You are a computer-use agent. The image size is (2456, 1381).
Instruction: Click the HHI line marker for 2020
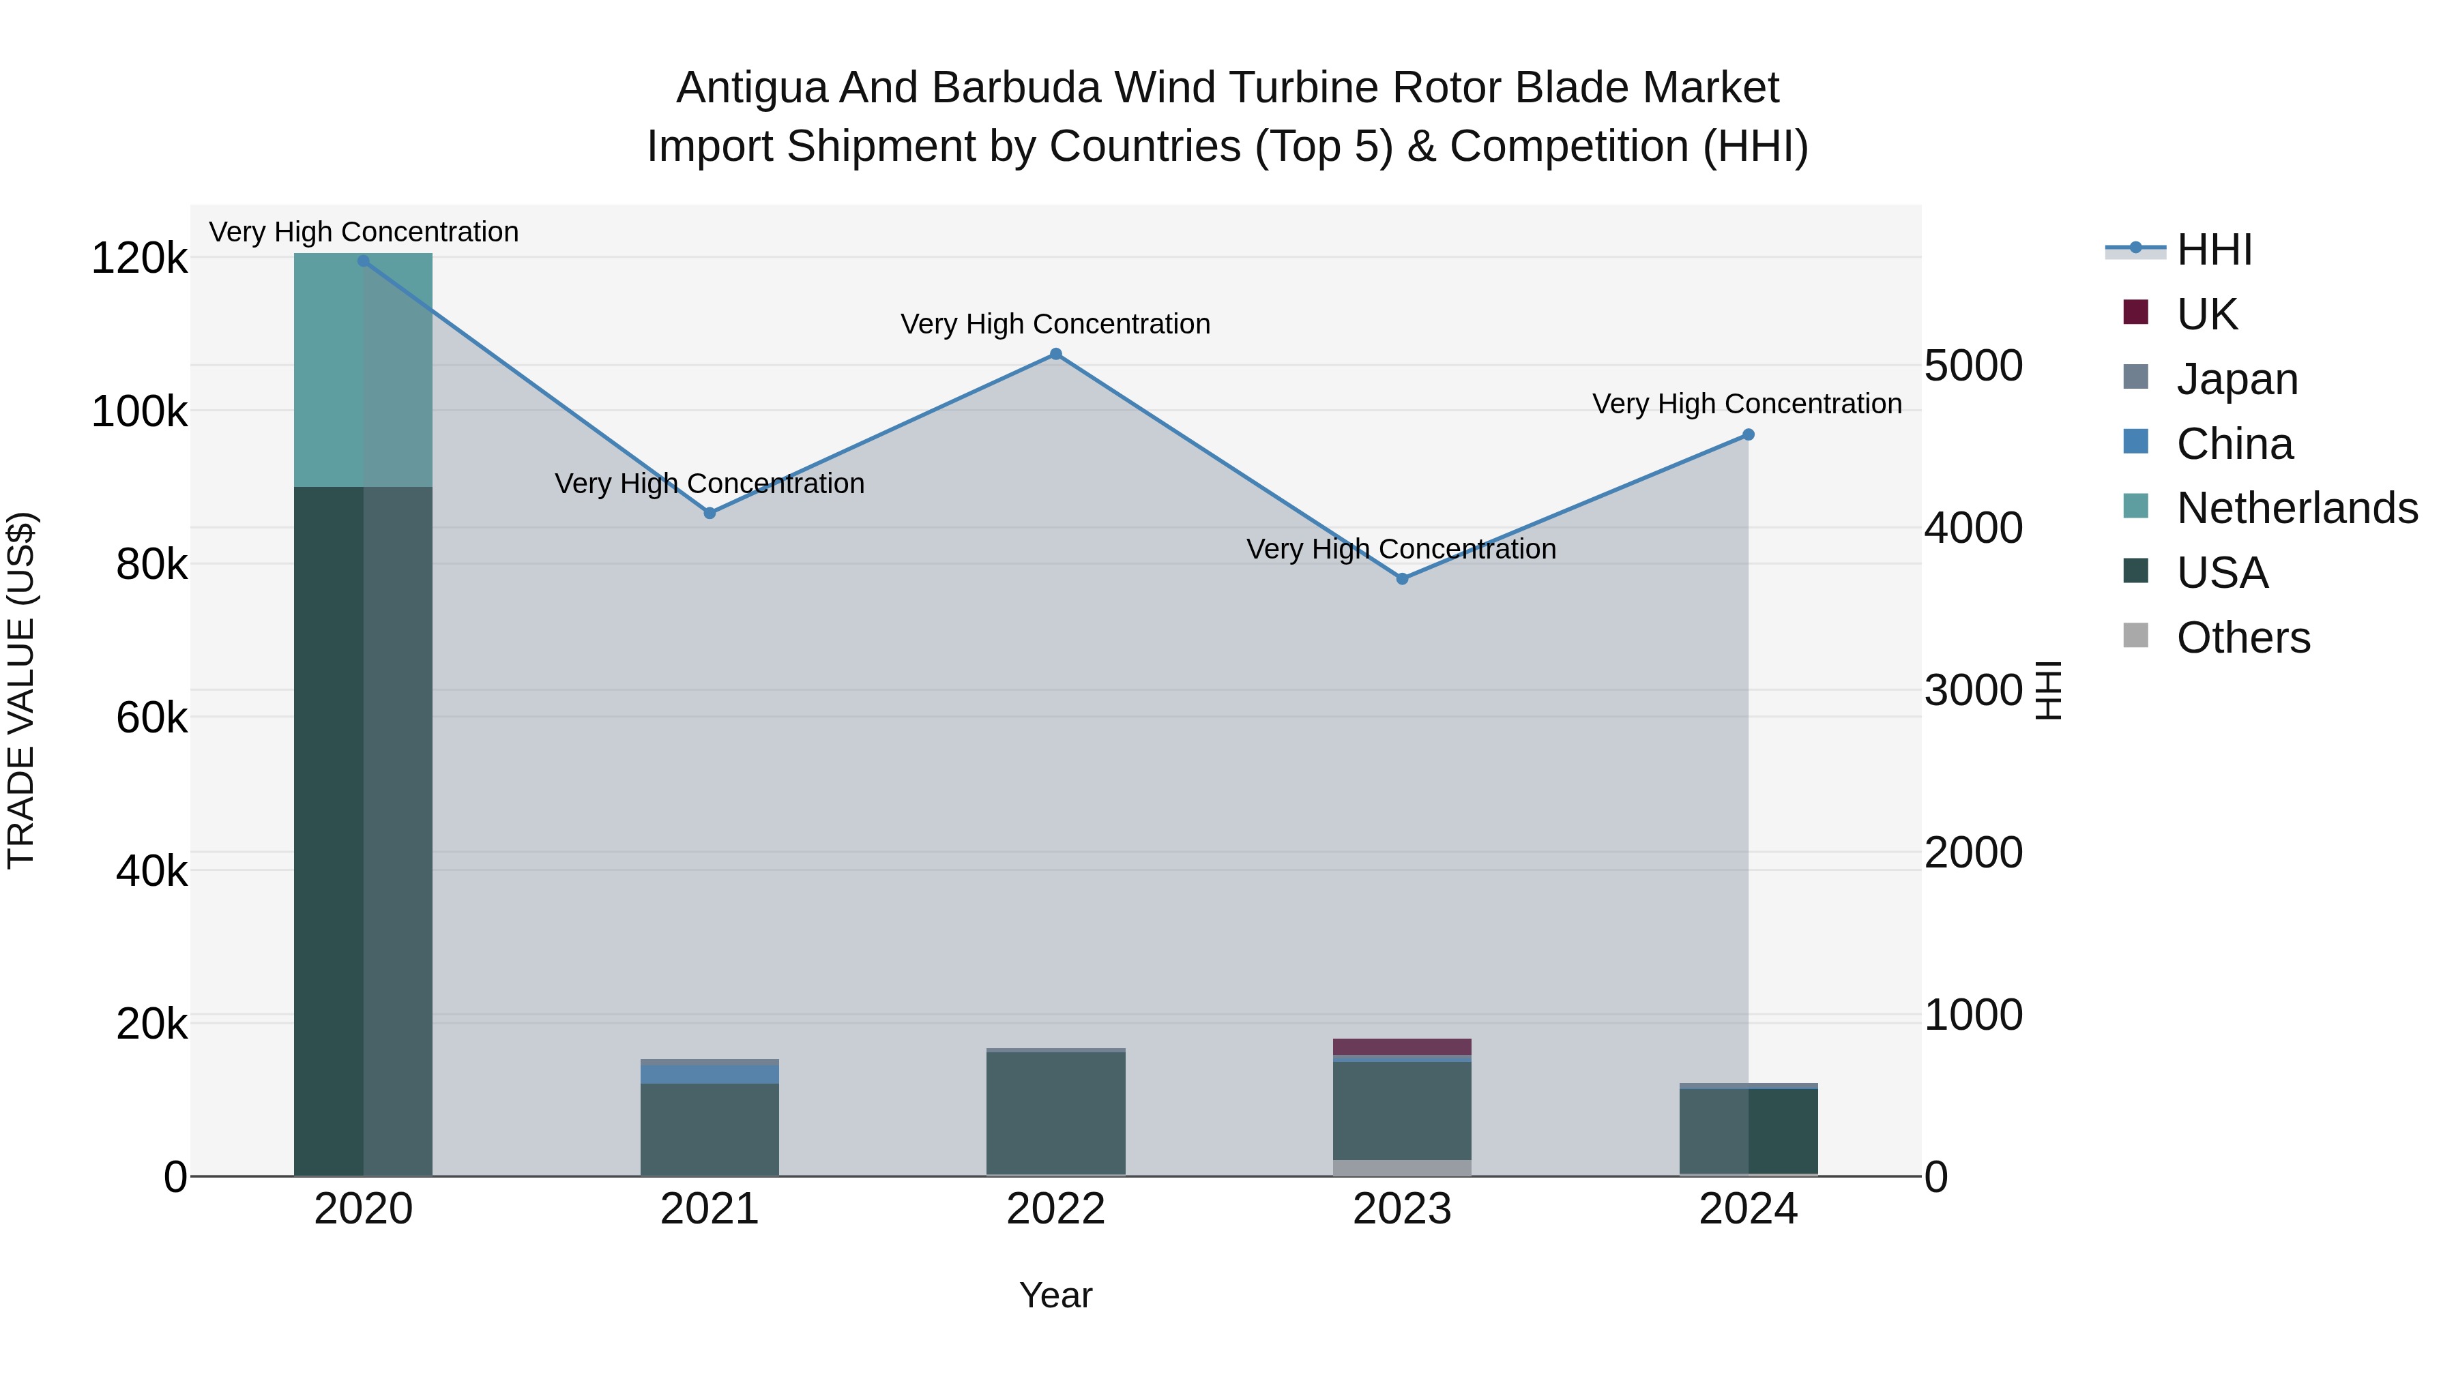[x=363, y=261]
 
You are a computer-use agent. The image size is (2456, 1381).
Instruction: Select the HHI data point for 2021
[x=710, y=513]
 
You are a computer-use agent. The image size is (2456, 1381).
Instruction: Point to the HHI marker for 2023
[x=1401, y=578]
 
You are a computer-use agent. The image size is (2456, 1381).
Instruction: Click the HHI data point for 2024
[x=1748, y=434]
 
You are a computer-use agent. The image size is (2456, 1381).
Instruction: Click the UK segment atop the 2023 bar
[x=1401, y=1046]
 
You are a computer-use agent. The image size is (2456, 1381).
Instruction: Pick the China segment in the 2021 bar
[x=710, y=1073]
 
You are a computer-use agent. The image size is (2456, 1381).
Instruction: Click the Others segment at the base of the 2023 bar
[x=1401, y=1168]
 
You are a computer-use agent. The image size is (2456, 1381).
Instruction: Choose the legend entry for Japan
[x=2237, y=379]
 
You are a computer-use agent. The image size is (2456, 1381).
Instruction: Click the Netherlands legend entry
[x=2296, y=508]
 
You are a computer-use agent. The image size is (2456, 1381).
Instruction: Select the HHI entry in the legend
[x=2214, y=250]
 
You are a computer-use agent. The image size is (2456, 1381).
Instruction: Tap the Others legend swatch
[x=2135, y=636]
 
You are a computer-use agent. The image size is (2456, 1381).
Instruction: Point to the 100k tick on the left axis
[x=139, y=412]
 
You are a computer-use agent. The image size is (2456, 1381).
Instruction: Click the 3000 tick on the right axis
[x=1972, y=690]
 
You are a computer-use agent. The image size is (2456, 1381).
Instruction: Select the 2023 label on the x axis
[x=1401, y=1209]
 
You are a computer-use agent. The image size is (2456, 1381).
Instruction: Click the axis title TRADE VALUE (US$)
[x=22, y=690]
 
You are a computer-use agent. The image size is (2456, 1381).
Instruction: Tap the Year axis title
[x=1055, y=1295]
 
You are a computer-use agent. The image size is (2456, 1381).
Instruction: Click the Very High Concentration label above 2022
[x=1055, y=324]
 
